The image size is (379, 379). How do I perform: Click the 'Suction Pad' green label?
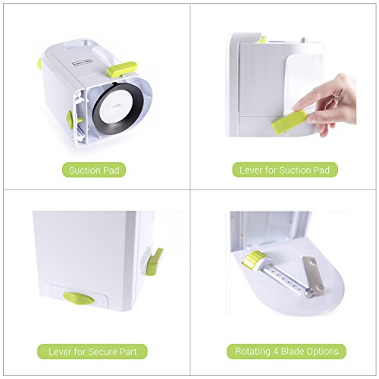[x=95, y=170]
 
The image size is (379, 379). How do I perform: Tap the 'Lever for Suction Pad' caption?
[x=285, y=170]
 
